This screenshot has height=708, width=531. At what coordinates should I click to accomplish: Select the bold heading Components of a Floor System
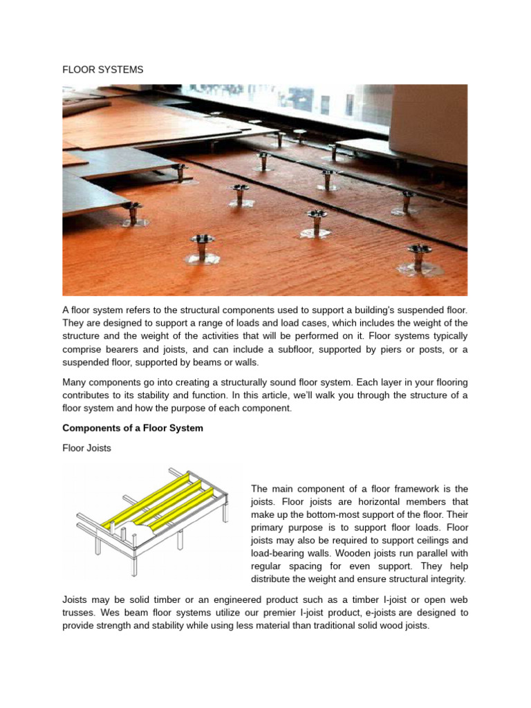133,428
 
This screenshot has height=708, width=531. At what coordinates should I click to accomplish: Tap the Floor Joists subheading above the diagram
86,448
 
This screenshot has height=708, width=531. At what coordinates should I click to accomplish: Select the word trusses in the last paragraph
80,613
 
